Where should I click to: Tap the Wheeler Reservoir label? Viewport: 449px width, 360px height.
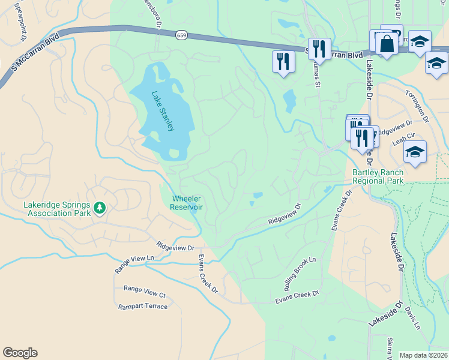click(x=187, y=202)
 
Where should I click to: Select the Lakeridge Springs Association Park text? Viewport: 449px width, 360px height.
click(x=57, y=208)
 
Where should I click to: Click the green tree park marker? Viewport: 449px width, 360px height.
click(x=100, y=208)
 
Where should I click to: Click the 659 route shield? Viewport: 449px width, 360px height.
click(x=181, y=36)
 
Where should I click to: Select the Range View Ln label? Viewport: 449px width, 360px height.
click(x=134, y=263)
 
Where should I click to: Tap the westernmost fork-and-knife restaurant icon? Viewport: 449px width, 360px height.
click(x=283, y=61)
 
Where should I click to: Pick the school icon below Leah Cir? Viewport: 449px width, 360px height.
click(x=415, y=152)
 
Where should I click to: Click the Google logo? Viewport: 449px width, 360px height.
click(x=20, y=353)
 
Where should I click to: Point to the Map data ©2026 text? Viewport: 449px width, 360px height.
click(x=423, y=355)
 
